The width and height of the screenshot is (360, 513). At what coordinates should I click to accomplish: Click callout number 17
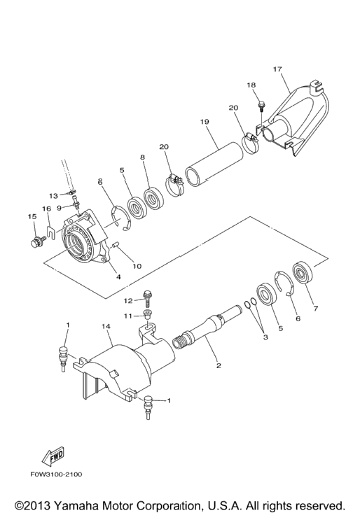tap(277, 69)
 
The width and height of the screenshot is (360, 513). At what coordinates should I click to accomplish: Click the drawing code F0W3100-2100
tap(57, 474)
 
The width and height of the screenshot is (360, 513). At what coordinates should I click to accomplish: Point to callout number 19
tap(205, 122)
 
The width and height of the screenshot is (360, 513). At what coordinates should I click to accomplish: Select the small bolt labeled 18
tap(261, 106)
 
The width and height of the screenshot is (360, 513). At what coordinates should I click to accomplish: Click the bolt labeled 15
tap(35, 244)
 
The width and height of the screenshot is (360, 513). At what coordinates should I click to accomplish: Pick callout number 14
tap(106, 327)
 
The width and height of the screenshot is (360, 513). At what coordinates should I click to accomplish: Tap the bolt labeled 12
tap(147, 298)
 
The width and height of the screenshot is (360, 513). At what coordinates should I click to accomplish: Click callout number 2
tap(219, 365)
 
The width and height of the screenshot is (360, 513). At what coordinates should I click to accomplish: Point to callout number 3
tap(265, 337)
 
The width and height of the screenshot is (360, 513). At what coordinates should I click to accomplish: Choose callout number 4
tap(119, 277)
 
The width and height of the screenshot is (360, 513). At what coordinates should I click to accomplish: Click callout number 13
tap(53, 196)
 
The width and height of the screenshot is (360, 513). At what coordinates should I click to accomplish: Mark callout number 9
tap(59, 208)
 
